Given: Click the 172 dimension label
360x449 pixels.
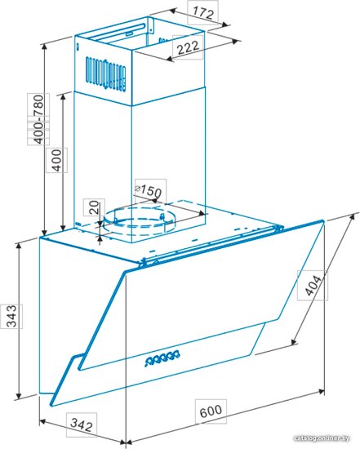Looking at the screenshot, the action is click(203, 12).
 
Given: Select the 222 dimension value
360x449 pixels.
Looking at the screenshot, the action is click(188, 47).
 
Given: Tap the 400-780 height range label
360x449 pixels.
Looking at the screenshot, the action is click(38, 119).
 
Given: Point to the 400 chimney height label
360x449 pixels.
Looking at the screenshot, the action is click(57, 160).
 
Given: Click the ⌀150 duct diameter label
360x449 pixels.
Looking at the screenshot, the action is click(148, 190).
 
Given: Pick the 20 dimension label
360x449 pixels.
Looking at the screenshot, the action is click(94, 207).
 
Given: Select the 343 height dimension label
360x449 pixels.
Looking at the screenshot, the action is click(11, 316).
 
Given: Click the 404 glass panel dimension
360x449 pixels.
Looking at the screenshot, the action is click(313, 285).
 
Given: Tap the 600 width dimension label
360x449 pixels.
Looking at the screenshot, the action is click(211, 411).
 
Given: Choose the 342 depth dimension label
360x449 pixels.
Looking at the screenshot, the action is click(82, 425).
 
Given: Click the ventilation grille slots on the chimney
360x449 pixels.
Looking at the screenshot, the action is click(105, 73).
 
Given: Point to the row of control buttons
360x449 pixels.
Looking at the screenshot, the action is click(162, 357).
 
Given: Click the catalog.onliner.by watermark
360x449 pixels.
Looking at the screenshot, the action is click(322, 438).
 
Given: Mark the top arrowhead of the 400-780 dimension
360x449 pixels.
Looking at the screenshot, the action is click(44, 47).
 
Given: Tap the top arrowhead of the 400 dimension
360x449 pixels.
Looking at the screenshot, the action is click(64, 97).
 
